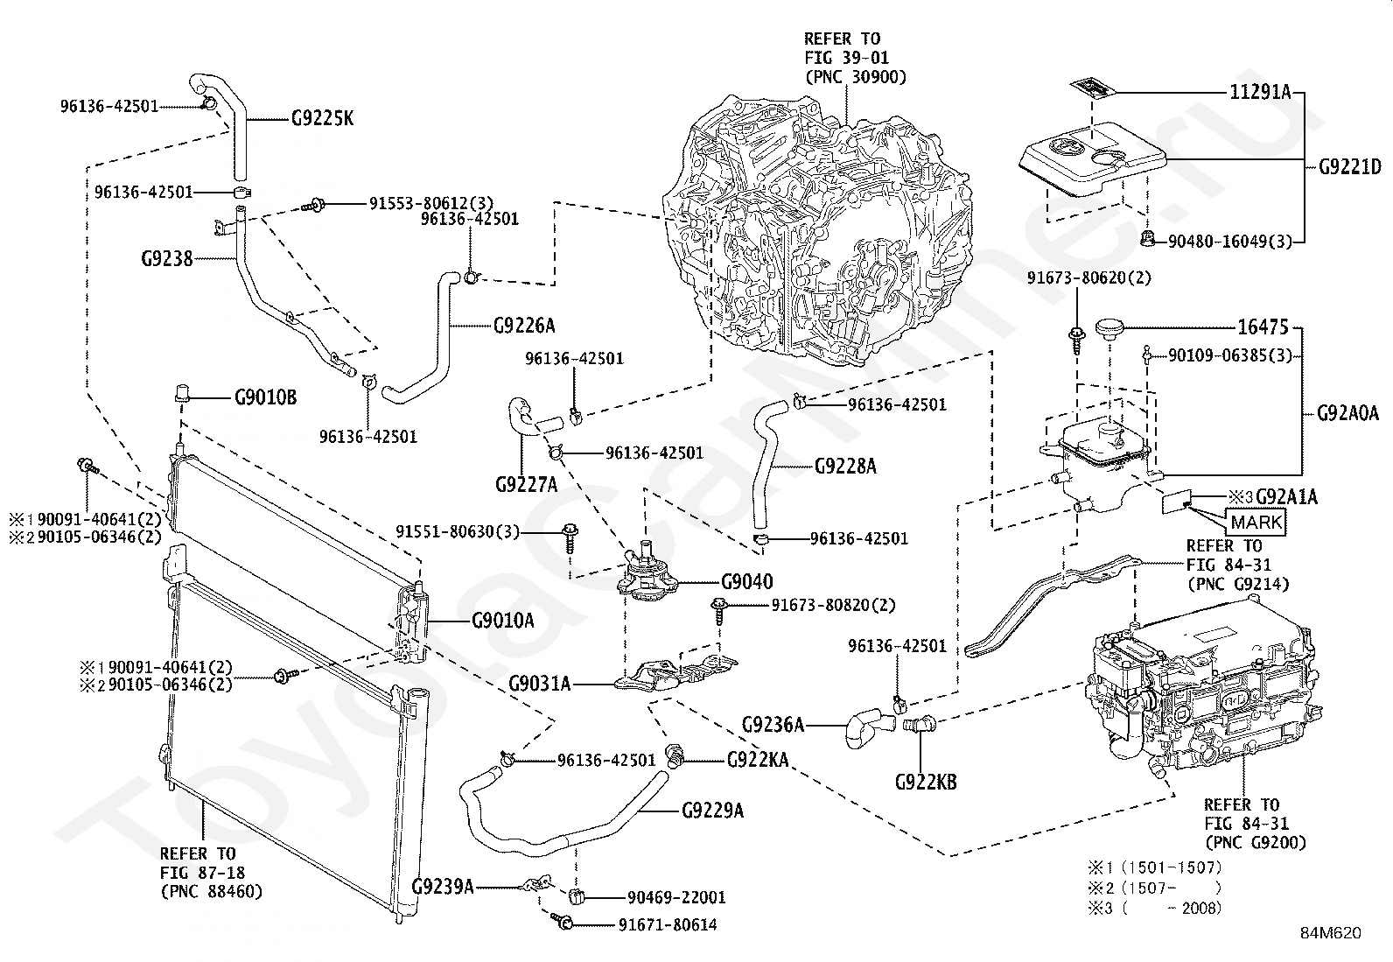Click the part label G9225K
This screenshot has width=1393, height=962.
click(322, 118)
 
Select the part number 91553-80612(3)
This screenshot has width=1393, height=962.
click(431, 203)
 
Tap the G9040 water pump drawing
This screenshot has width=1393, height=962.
click(647, 574)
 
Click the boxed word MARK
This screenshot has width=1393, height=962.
click(1256, 522)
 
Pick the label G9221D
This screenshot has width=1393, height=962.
click(1350, 167)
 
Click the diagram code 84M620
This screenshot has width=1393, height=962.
click(1330, 933)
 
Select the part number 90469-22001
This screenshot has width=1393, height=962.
click(676, 897)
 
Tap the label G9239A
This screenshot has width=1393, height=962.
click(442, 886)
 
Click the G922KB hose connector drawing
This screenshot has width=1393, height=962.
click(919, 724)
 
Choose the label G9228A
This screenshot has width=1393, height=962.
click(845, 466)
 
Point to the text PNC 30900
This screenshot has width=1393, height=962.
click(856, 77)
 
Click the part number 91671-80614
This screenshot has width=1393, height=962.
click(668, 925)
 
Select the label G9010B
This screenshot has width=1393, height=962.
click(265, 397)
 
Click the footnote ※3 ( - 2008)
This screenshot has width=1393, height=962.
click(1155, 909)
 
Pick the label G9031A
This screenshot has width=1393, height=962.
click(539, 684)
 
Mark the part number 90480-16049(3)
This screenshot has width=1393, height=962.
click(1229, 242)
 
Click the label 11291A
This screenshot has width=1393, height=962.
click(1261, 93)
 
